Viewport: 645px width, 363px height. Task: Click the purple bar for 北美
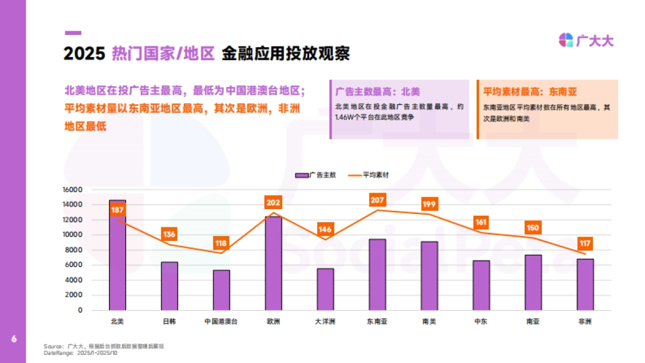[117, 255]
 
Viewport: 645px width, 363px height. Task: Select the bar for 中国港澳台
[221, 290]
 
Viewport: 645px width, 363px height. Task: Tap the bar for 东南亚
[377, 274]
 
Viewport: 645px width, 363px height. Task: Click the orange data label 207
[377, 200]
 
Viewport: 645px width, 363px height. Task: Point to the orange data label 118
[221, 243]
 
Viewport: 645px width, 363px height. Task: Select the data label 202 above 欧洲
[273, 203]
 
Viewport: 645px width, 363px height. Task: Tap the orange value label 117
[585, 244]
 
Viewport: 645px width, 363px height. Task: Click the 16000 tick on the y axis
[72, 190]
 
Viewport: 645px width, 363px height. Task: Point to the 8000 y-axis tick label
[74, 250]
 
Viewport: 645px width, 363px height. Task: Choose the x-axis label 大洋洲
[325, 322]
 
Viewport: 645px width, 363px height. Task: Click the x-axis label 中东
[481, 322]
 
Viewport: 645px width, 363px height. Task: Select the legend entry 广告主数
[316, 175]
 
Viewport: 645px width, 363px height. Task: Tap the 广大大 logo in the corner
[586, 40]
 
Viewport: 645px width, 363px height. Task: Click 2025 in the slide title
[84, 54]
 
